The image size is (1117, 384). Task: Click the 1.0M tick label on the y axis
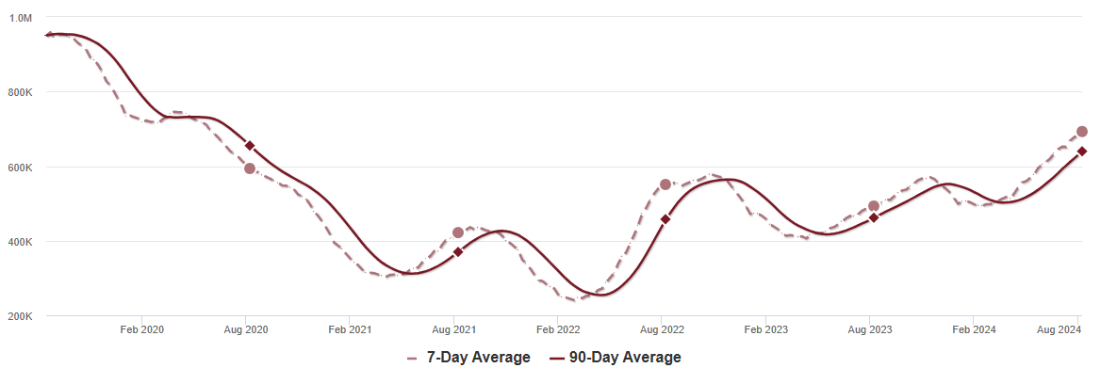(22, 18)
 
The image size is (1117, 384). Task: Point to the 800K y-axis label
(22, 92)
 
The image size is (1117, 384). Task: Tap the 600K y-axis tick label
(22, 168)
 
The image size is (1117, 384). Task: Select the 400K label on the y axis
(22, 242)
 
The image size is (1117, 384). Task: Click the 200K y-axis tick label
(22, 316)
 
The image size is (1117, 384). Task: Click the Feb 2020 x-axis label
(142, 329)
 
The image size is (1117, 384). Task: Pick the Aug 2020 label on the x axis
(246, 329)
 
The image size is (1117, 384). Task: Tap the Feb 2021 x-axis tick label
(350, 329)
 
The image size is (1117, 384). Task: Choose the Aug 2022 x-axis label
(662, 329)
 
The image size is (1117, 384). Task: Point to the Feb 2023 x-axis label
(765, 329)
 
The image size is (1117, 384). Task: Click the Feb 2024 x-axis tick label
(974, 329)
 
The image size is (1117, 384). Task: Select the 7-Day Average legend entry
(468, 358)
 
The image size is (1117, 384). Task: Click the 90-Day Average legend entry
(616, 358)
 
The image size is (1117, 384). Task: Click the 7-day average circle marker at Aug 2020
(250, 168)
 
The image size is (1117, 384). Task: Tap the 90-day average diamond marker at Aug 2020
(250, 146)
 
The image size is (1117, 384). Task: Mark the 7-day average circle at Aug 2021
(458, 232)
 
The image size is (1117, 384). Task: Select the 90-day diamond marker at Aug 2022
(665, 219)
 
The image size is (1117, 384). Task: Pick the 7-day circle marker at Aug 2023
(874, 206)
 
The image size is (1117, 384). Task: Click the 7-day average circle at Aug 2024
(1082, 132)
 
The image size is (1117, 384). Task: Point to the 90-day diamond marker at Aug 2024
(1082, 152)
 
